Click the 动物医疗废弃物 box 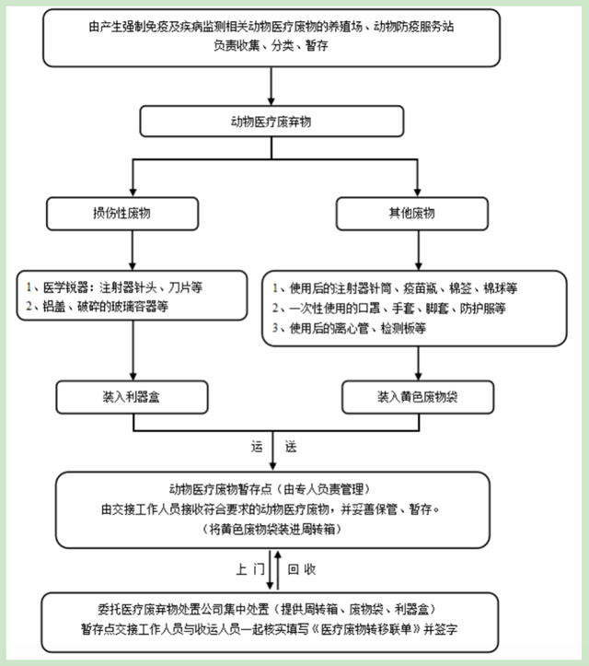coord(271,122)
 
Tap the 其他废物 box coord(410,214)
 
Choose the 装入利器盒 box coord(135,397)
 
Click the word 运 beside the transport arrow coord(258,447)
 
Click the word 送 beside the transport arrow coord(290,447)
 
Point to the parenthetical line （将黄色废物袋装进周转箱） coord(271,530)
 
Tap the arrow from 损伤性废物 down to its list coord(135,249)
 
